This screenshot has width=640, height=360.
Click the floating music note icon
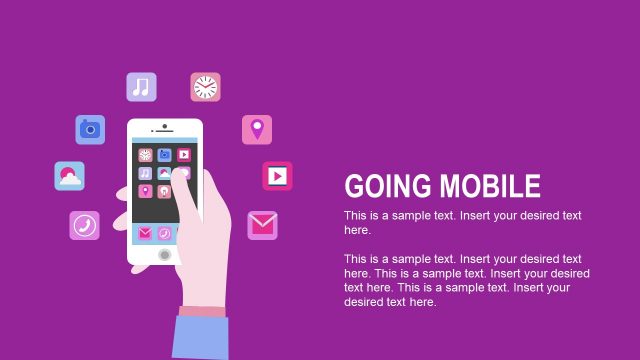pos(141,87)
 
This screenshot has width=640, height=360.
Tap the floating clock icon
pos(205,87)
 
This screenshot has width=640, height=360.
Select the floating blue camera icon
pos(90,129)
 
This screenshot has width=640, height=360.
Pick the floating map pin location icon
pos(257,129)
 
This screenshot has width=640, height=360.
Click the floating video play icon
pos(277,176)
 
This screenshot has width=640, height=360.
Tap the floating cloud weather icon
pos(69,176)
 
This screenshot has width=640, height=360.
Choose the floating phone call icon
pos(84,225)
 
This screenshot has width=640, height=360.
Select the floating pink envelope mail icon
pos(262,225)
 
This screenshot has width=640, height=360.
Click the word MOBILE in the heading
pos(488,186)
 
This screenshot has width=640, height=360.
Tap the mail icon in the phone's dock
pos(145,233)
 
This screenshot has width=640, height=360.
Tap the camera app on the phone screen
pos(164,155)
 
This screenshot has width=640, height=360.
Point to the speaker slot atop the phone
pos(165,130)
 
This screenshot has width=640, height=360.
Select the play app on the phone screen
pos(184,155)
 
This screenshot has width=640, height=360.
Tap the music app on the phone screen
pos(145,173)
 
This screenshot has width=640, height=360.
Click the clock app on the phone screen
pos(145,155)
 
